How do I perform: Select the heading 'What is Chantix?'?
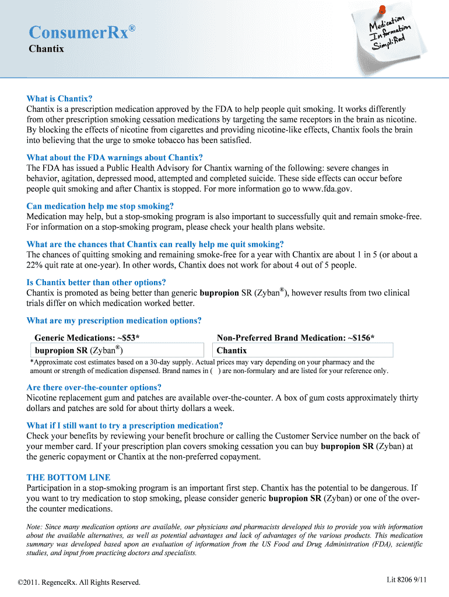click(x=59, y=99)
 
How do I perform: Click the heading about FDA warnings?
click(x=115, y=157)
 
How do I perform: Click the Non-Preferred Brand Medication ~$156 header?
click(x=296, y=338)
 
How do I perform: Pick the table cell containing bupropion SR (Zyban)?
click(x=117, y=350)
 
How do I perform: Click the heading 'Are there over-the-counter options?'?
click(x=94, y=387)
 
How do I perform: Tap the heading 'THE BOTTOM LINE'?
click(x=68, y=477)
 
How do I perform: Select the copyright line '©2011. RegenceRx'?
click(x=79, y=582)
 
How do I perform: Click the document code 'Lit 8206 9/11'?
click(x=407, y=580)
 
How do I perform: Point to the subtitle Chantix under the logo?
click(x=46, y=49)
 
